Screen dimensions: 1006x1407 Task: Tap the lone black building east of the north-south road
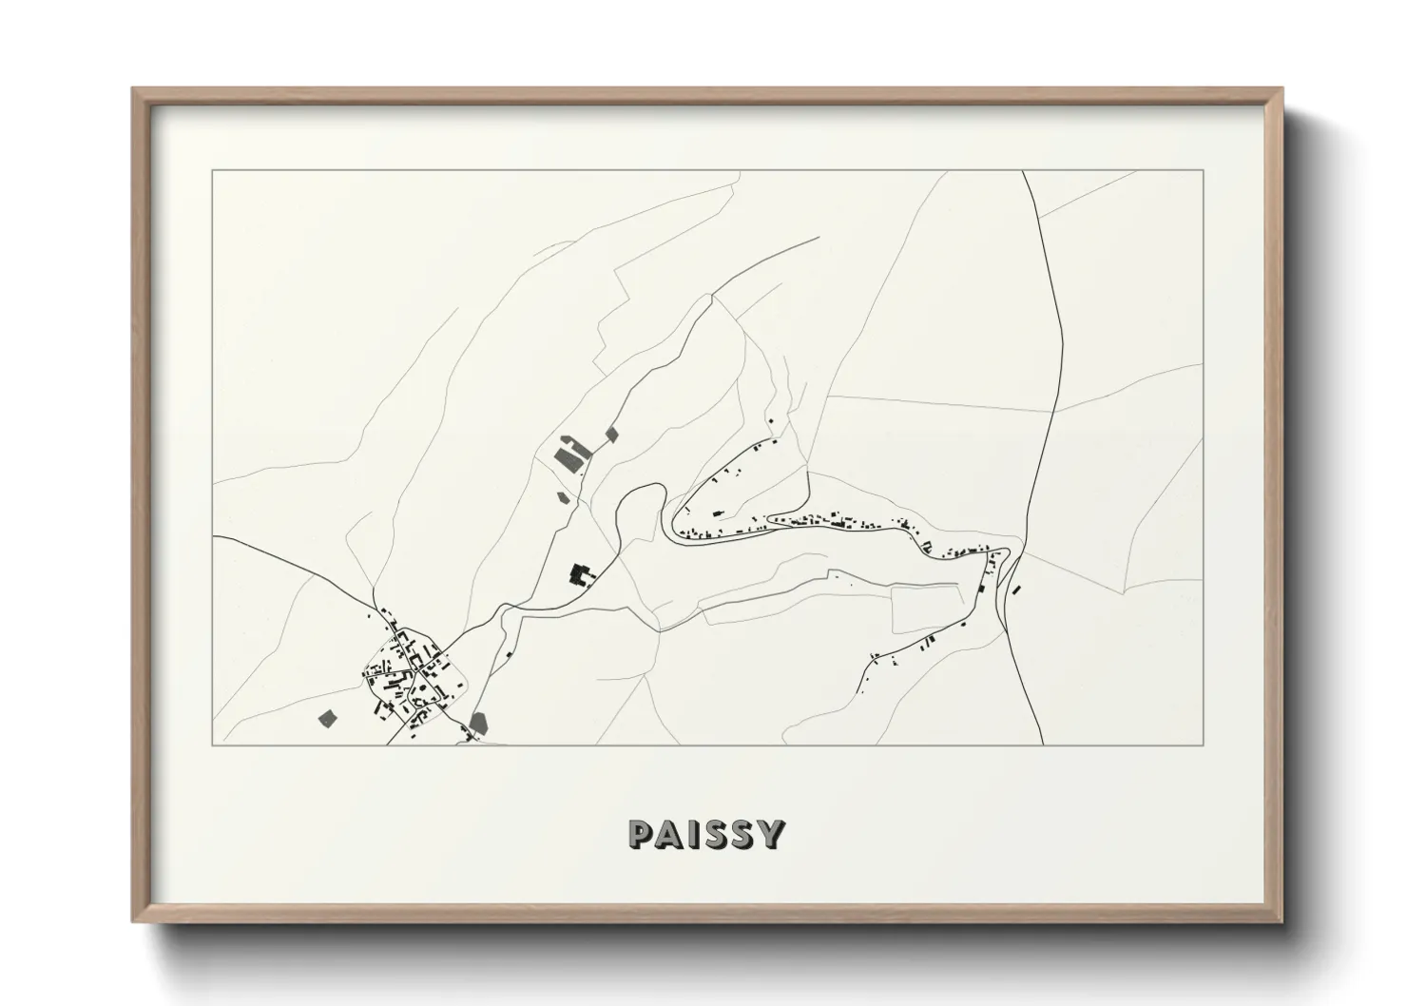point(1015,590)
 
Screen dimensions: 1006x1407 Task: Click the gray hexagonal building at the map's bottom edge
point(478,723)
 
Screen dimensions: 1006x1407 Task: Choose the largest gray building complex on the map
point(571,455)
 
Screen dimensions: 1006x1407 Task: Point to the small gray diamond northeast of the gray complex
point(611,434)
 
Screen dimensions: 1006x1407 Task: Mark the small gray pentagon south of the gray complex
point(562,495)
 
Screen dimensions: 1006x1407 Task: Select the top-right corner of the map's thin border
point(1203,171)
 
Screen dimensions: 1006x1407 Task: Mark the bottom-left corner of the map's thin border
point(213,745)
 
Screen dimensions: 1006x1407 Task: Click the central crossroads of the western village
point(415,666)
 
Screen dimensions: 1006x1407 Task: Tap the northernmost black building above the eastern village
point(771,420)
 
